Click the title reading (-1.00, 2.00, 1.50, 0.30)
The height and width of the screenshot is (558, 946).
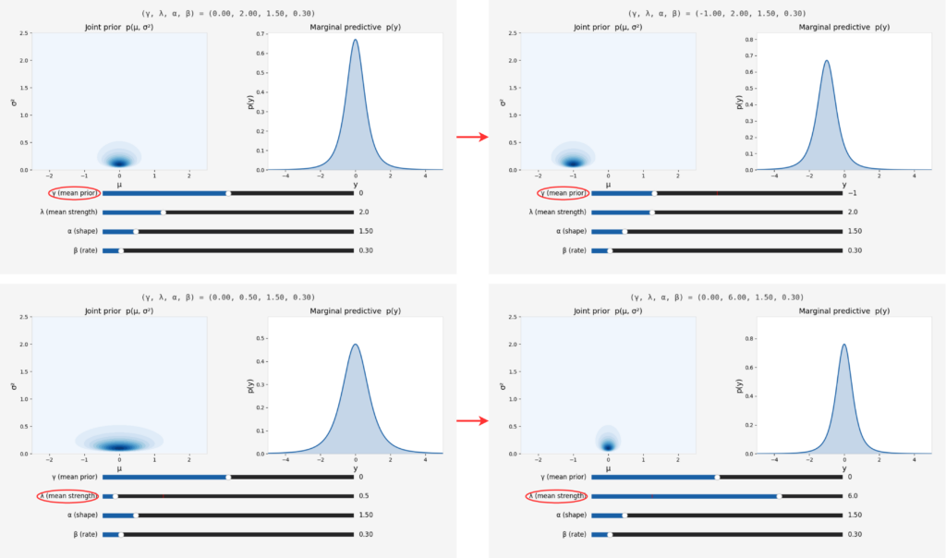[x=717, y=14]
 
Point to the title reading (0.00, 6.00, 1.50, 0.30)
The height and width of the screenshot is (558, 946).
[x=717, y=297]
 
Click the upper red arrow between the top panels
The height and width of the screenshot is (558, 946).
[x=471, y=138]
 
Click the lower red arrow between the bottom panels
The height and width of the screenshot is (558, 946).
[x=471, y=421]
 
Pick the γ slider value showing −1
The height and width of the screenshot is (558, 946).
[x=852, y=193]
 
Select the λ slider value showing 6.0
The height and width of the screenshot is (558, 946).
[x=853, y=496]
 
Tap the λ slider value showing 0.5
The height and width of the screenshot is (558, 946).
[x=363, y=496]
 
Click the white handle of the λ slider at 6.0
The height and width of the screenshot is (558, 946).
[x=779, y=496]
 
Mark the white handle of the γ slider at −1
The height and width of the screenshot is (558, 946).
[x=654, y=193]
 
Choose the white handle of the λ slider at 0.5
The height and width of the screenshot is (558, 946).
[x=115, y=496]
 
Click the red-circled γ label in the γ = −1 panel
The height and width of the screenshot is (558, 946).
[x=562, y=193]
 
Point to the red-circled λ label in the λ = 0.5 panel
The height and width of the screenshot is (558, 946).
[x=69, y=496]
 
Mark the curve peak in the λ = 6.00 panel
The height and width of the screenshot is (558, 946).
[x=843, y=345]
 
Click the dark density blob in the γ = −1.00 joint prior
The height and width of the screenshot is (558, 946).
[x=574, y=162]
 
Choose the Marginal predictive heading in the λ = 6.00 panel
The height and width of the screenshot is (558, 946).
[x=843, y=311]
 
